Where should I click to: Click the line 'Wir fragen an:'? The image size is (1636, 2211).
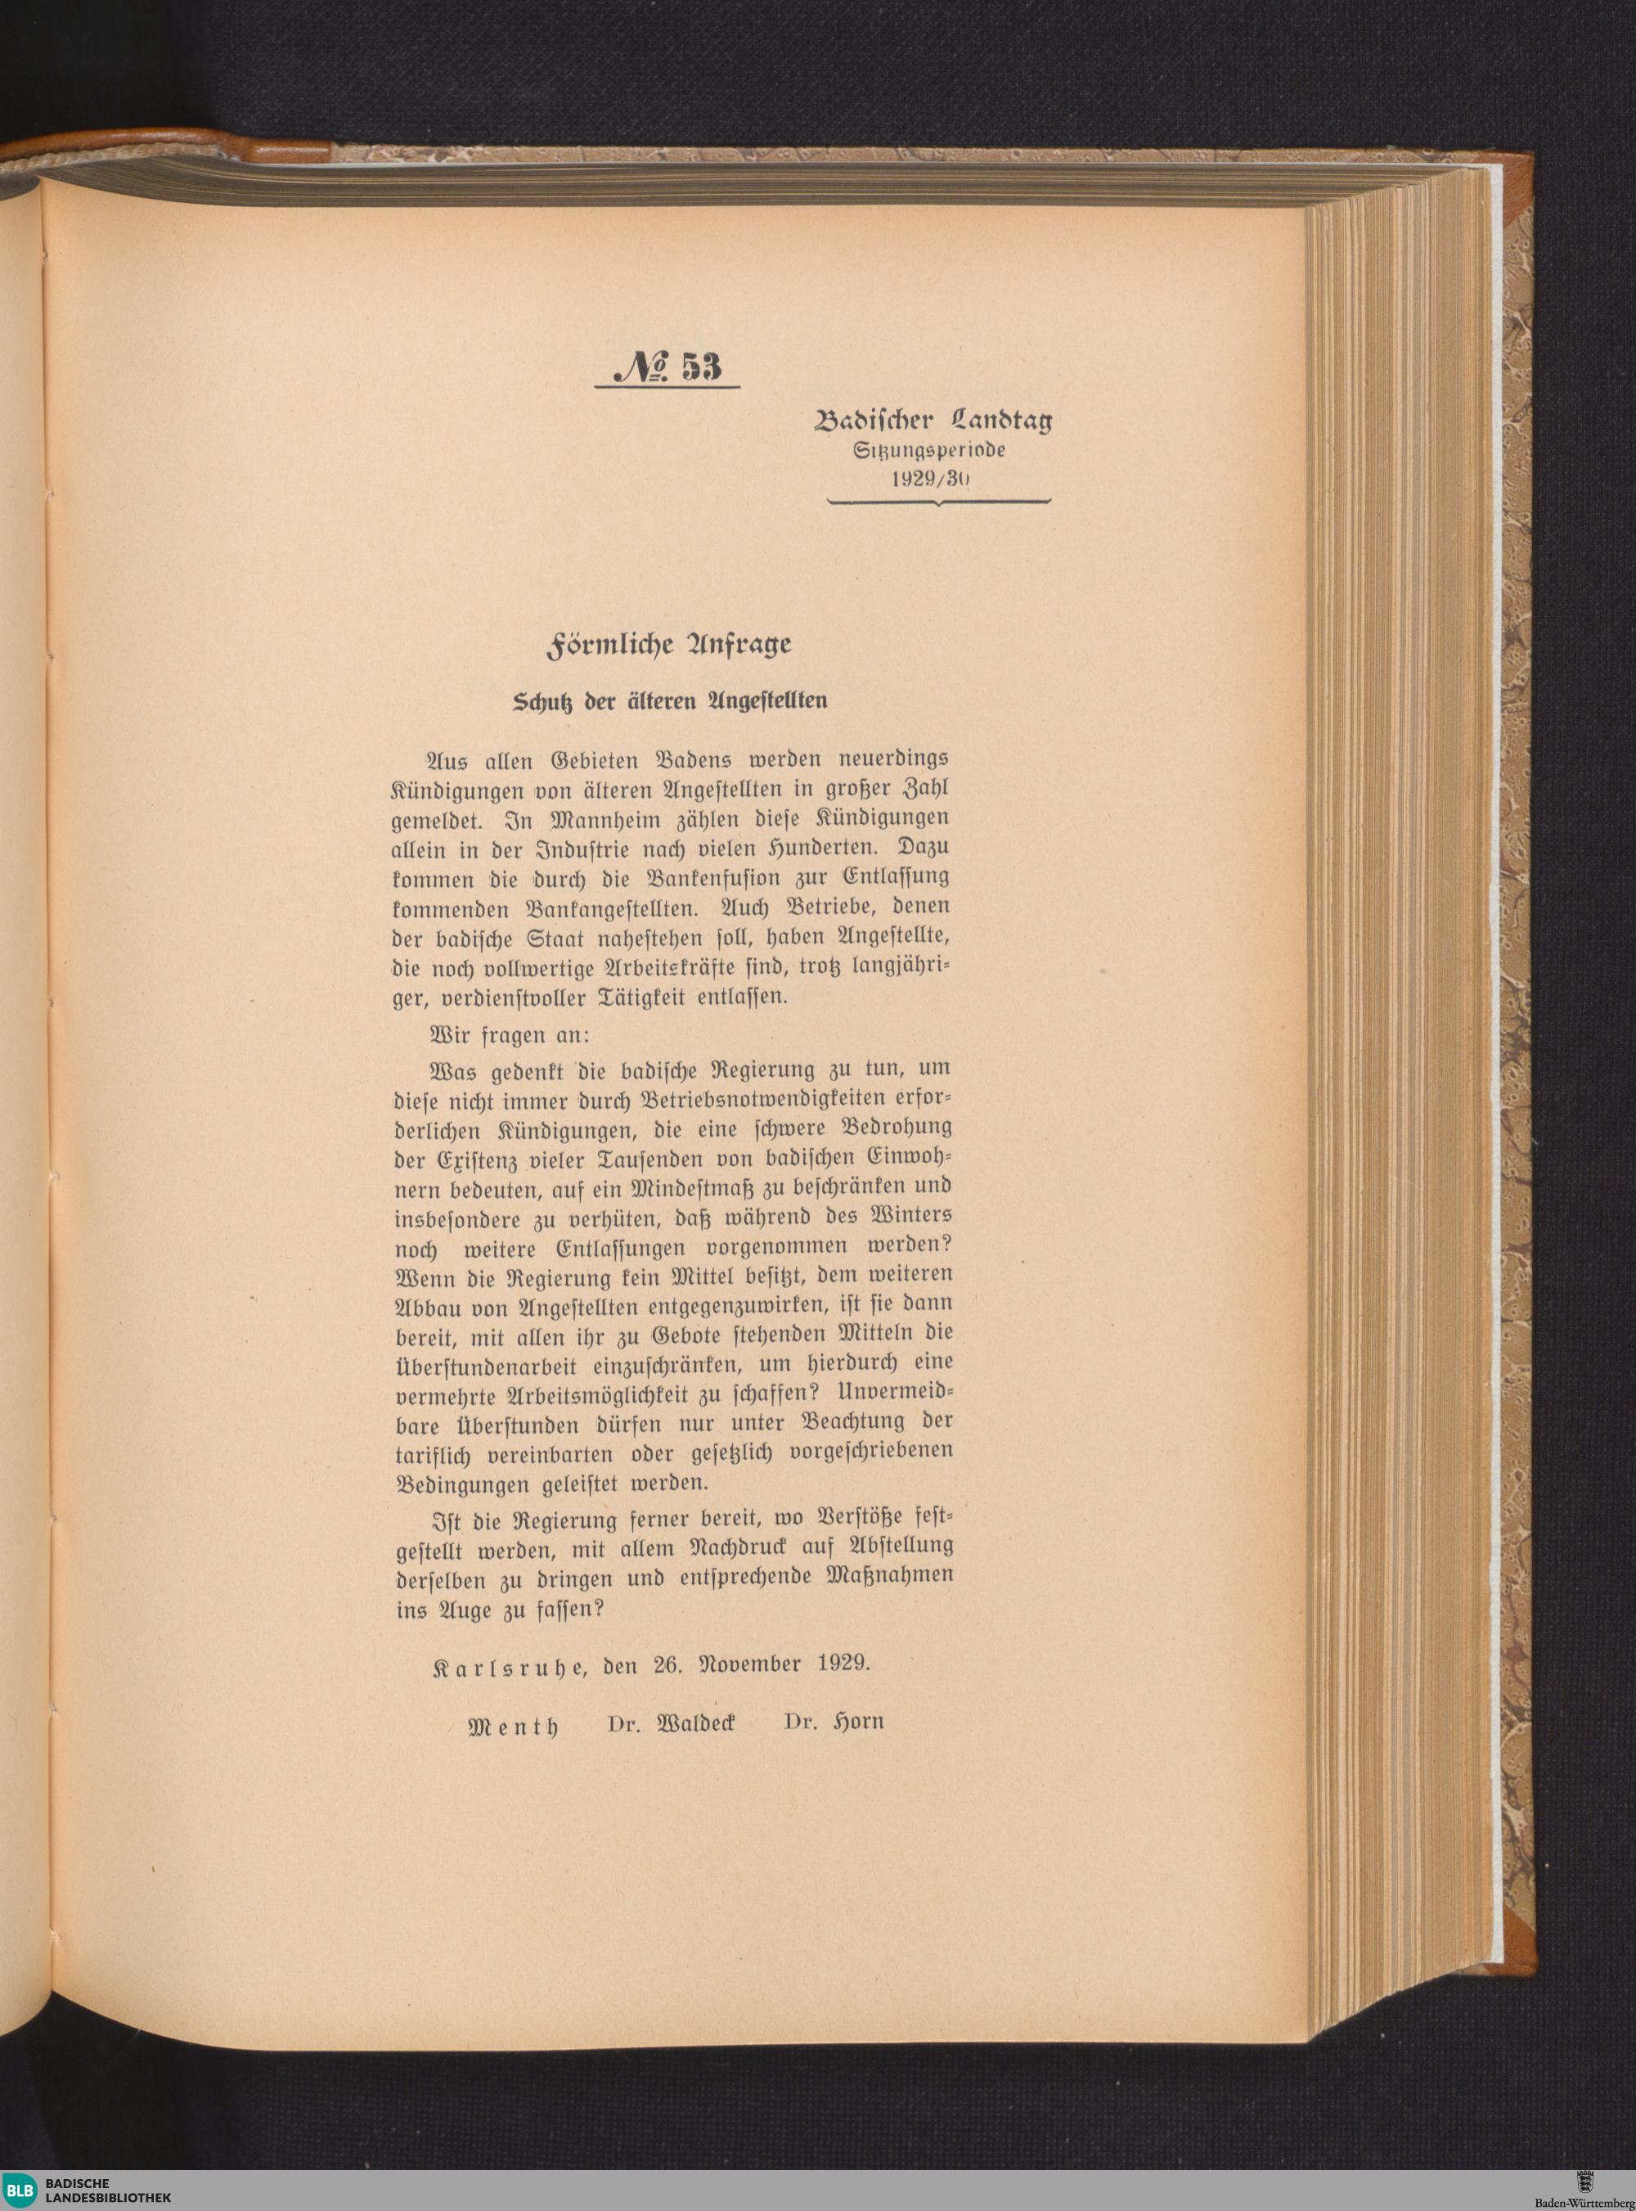507,1035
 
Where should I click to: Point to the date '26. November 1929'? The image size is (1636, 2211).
761,1664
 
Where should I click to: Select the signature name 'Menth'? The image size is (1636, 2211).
512,1725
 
